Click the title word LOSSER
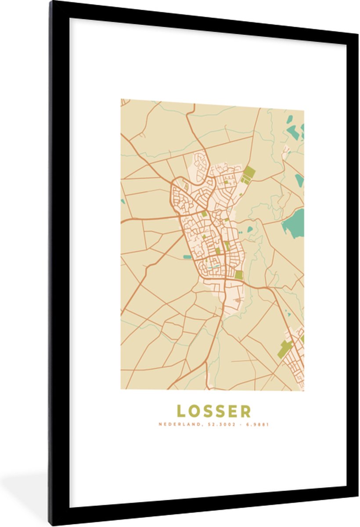(x=214, y=411)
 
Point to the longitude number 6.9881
(x=258, y=425)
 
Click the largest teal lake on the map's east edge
(x=293, y=224)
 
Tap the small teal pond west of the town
(x=187, y=256)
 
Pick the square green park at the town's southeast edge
(x=238, y=275)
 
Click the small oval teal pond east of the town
(x=250, y=228)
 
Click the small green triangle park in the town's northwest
(x=186, y=187)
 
